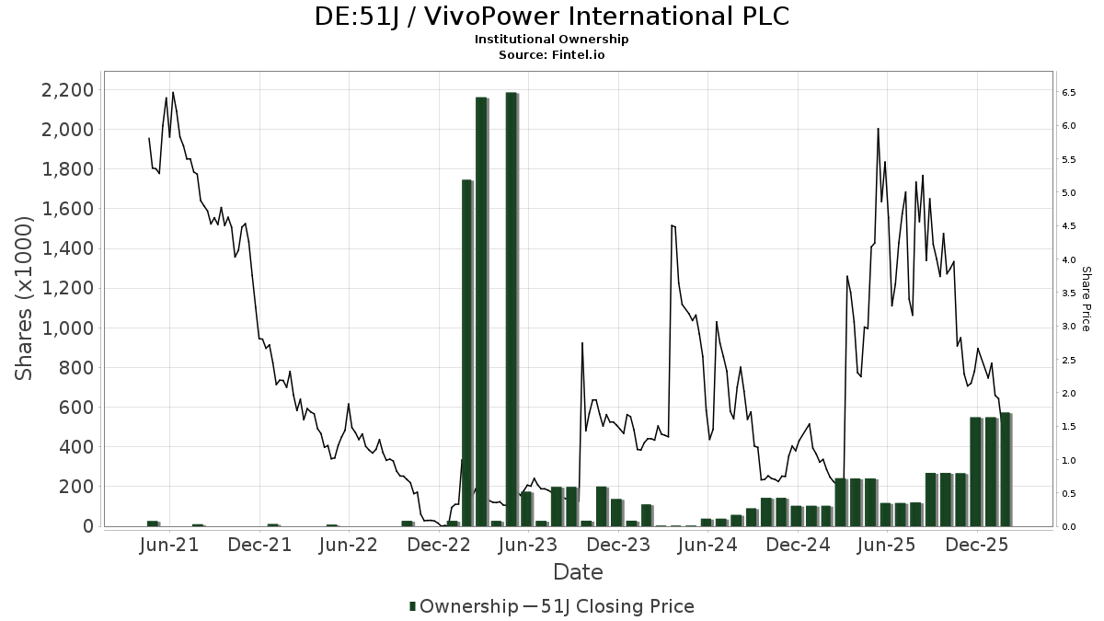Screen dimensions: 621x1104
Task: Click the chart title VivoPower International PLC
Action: point(551,17)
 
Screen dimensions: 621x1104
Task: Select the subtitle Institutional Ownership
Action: point(551,40)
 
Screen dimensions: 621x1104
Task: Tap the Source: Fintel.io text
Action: point(551,55)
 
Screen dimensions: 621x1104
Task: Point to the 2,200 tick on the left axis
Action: point(67,90)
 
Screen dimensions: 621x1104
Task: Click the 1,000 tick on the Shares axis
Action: point(67,328)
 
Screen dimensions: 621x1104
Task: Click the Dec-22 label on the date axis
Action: point(440,545)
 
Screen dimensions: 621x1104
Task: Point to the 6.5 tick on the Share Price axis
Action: point(1070,93)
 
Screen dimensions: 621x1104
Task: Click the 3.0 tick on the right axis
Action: point(1070,327)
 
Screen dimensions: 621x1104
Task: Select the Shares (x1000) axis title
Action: point(25,298)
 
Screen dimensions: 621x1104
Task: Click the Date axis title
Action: point(578,572)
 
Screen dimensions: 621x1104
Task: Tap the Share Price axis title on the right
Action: point(1086,298)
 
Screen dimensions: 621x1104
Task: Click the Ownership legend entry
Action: point(464,606)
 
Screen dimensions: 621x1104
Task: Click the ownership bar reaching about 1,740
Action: point(466,352)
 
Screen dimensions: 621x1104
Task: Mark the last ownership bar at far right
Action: point(1006,469)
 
